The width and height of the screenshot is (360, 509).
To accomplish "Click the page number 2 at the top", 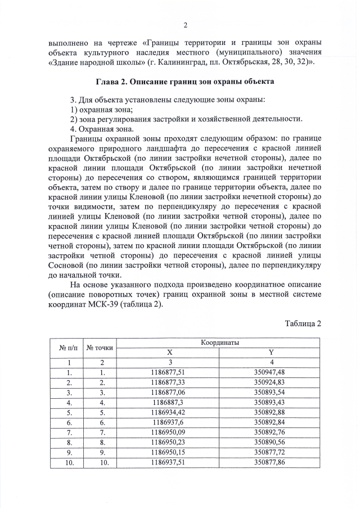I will [x=185, y=25].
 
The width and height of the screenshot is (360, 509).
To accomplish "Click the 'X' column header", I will [x=169, y=352].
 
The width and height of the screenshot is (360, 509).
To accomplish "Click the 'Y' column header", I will [x=271, y=352].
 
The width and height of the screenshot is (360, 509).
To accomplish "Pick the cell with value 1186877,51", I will [x=169, y=372].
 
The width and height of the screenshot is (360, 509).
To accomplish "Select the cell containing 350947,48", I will [x=271, y=372].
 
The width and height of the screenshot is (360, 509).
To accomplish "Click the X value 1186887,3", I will [x=169, y=403].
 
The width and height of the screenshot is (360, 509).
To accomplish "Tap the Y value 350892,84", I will [x=271, y=423].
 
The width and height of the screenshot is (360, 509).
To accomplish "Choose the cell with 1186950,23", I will [x=169, y=443].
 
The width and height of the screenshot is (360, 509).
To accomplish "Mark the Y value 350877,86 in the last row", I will [x=271, y=463].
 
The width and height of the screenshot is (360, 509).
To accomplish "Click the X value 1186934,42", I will [x=169, y=413].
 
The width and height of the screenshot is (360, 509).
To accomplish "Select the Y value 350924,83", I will [x=271, y=382].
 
